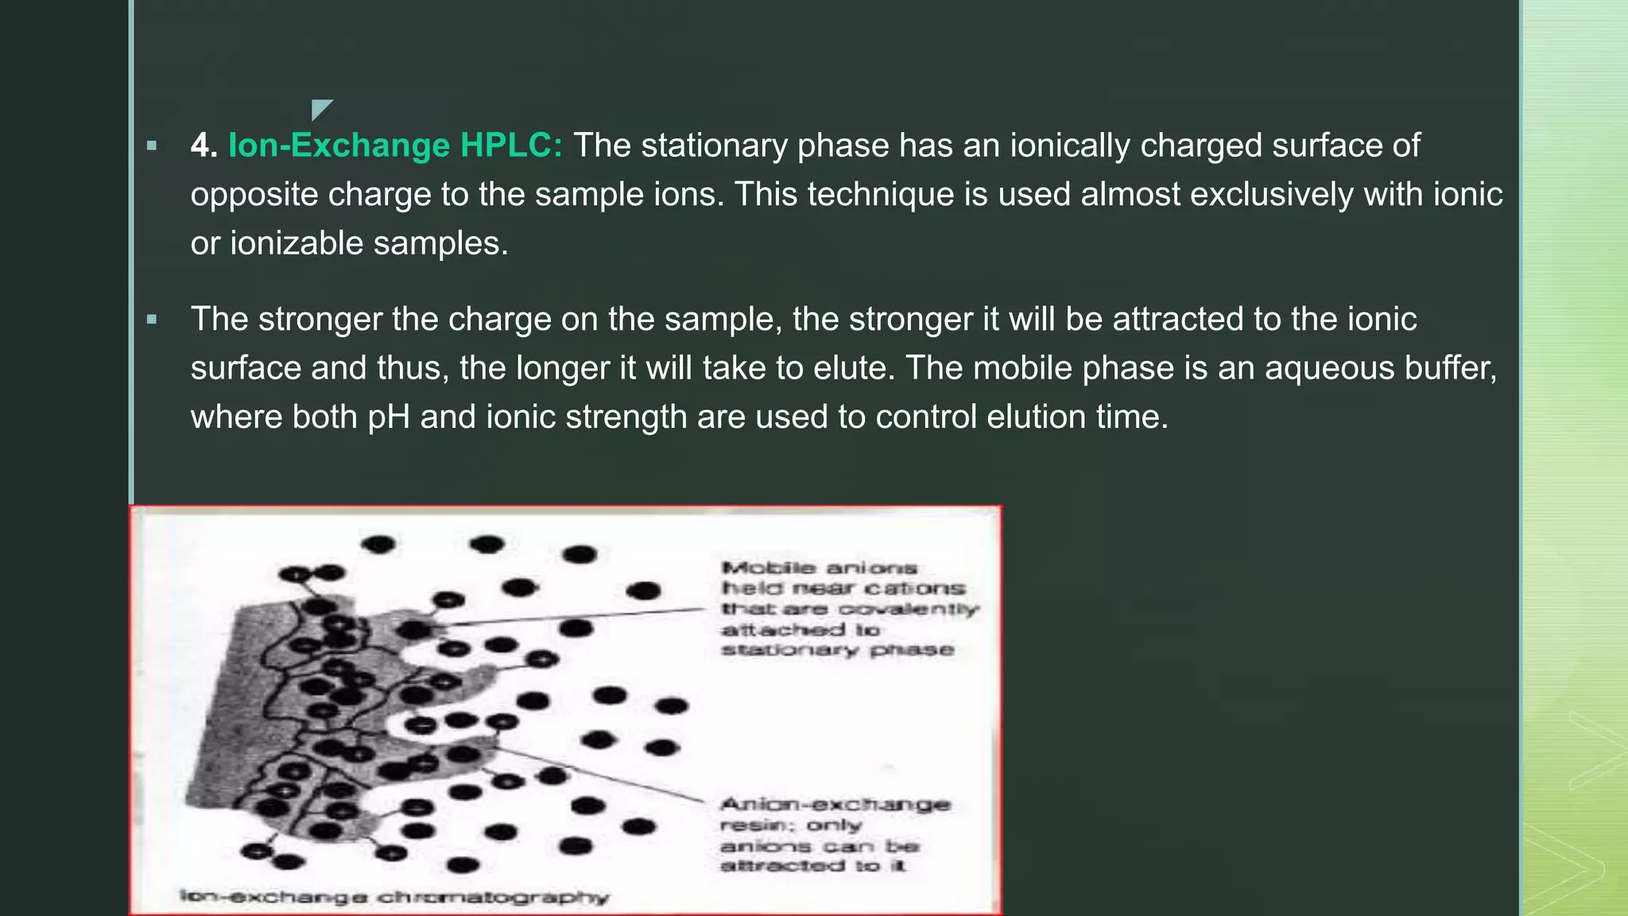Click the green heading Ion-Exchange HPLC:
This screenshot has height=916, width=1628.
[x=395, y=146]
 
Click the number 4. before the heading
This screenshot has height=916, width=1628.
[x=203, y=146]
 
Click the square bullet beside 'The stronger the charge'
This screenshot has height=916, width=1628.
[x=152, y=320]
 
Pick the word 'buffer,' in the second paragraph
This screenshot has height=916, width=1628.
[x=1451, y=368]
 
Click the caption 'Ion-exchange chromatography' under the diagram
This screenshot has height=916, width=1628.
[x=394, y=897]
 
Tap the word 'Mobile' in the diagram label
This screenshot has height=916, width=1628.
[x=769, y=568]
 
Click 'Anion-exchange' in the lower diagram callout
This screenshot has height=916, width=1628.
[x=835, y=804]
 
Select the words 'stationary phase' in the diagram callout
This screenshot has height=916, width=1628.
[x=837, y=650]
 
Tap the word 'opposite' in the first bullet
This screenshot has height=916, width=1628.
[x=254, y=195]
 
